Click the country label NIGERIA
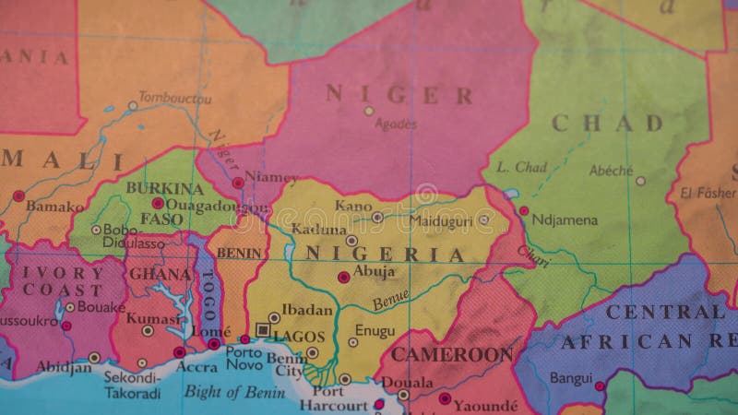385,255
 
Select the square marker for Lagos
263,329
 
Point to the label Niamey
272,178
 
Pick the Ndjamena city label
565,220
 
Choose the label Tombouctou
174,96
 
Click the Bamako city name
54,206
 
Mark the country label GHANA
160,274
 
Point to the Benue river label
391,300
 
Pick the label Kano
353,205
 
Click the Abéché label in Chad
611,170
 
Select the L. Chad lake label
521,167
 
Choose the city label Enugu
375,331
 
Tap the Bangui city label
571,377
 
